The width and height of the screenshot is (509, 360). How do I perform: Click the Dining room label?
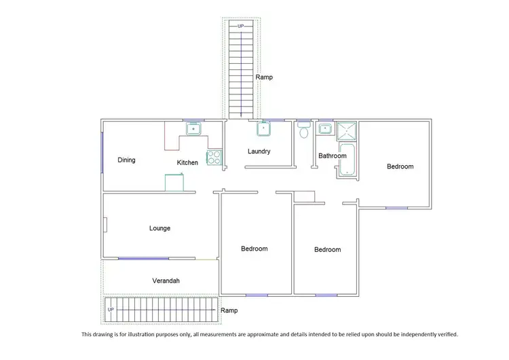coord(126,160)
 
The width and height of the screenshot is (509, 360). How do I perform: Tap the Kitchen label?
coord(187,162)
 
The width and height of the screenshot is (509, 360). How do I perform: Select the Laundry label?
coord(259,151)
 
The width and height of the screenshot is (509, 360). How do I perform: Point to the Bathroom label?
coord(333,156)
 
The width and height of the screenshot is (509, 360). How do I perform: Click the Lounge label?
coord(159,228)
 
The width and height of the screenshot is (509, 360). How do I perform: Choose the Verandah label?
coord(166,281)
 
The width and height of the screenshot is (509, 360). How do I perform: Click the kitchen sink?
coord(193,128)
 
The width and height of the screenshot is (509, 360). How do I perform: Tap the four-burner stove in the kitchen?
coord(214,158)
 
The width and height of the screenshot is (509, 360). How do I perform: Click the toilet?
coord(304,130)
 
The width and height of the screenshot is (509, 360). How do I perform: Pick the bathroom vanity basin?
coord(326,128)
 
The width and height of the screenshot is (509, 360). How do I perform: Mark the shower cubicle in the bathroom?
coord(347,130)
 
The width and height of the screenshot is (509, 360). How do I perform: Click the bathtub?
coord(347,160)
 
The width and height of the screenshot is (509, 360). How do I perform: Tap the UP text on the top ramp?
coord(240,26)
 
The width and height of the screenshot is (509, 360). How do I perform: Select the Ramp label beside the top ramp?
coord(264,77)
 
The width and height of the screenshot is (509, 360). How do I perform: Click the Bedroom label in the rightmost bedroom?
coord(400,166)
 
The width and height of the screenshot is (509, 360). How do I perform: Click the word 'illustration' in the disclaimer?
coord(158,334)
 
